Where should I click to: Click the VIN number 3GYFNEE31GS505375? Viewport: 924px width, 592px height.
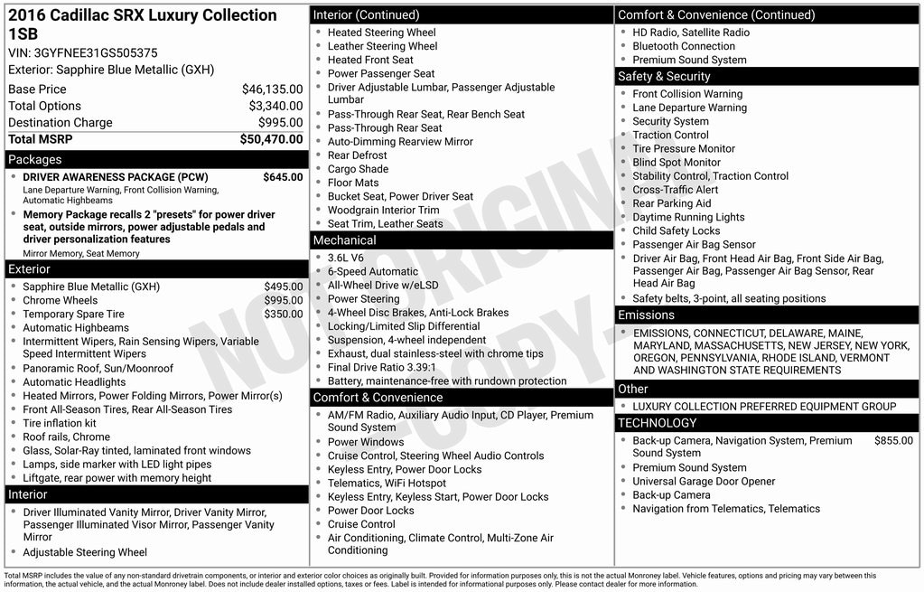pyautogui.click(x=96, y=53)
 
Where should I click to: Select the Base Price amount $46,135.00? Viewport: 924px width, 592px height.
pyautogui.click(x=272, y=89)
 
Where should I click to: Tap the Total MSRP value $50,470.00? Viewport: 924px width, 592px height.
pyautogui.click(x=271, y=139)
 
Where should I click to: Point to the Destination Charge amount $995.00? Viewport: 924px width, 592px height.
pyautogui.click(x=280, y=123)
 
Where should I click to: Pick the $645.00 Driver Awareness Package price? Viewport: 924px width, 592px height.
pyautogui.click(x=283, y=177)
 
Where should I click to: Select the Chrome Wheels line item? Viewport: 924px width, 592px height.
pyautogui.click(x=60, y=301)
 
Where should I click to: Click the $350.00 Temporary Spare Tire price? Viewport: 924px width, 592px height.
pyautogui.click(x=283, y=315)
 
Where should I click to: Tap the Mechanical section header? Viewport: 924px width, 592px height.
pyautogui.click(x=344, y=240)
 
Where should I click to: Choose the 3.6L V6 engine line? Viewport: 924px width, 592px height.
pyautogui.click(x=346, y=258)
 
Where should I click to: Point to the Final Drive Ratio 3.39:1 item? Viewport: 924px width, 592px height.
pyautogui.click(x=381, y=368)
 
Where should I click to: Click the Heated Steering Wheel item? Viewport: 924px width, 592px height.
pyautogui.click(x=381, y=33)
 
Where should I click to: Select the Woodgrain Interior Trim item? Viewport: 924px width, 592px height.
pyautogui.click(x=383, y=210)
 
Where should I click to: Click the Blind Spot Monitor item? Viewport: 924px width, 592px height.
pyautogui.click(x=677, y=163)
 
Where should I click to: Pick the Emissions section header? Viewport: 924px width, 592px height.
pyautogui.click(x=646, y=315)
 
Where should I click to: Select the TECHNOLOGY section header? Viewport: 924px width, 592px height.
pyautogui.click(x=657, y=423)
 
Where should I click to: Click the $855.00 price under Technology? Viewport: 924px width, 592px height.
pyautogui.click(x=893, y=441)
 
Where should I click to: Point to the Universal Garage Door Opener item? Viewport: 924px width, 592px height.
pyautogui.click(x=704, y=482)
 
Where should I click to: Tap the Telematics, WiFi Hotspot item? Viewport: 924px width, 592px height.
pyautogui.click(x=387, y=484)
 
